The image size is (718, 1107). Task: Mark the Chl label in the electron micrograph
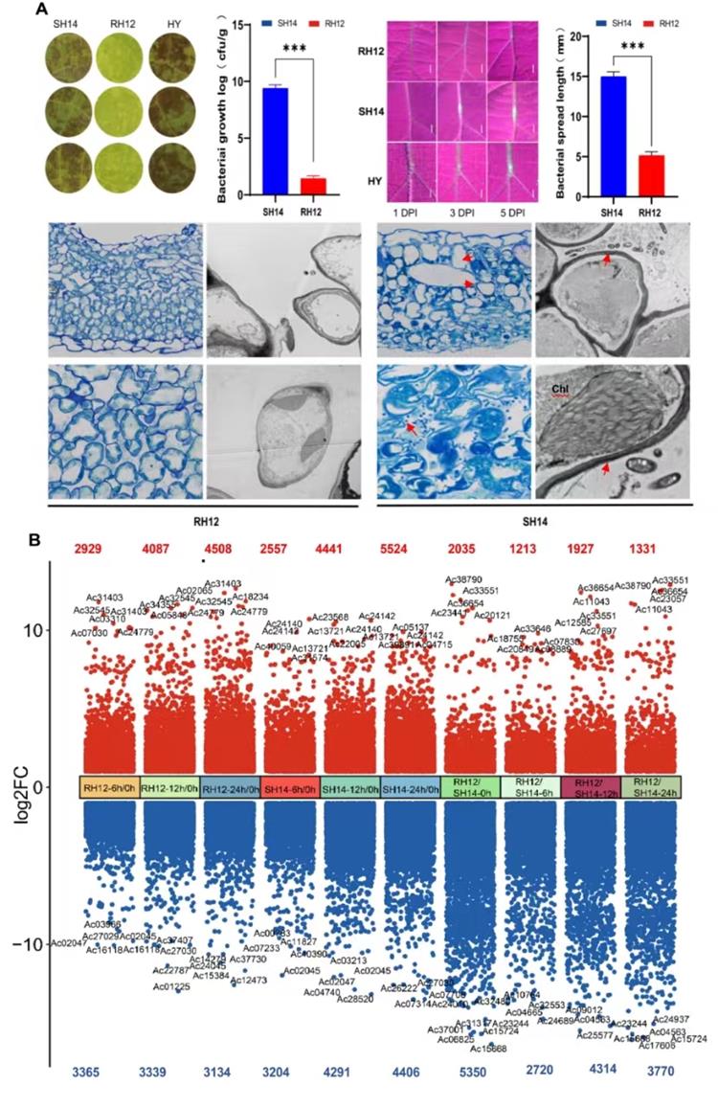tap(559, 389)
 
